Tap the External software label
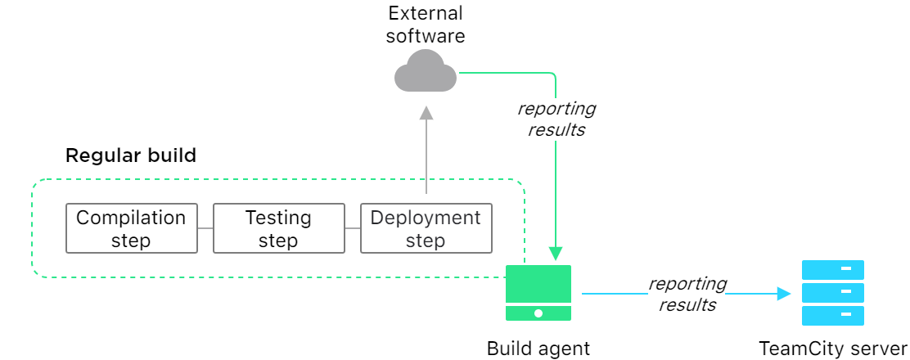pyautogui.click(x=425, y=25)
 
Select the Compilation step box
pyautogui.click(x=131, y=229)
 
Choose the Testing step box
pyautogui.click(x=278, y=229)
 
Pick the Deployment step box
pyautogui.click(x=426, y=229)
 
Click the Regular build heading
pyautogui.click(x=131, y=155)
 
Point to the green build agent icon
pyautogui.click(x=538, y=292)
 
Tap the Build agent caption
pyautogui.click(x=538, y=349)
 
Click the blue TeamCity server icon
pyautogui.click(x=832, y=293)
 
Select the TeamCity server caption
pyautogui.click(x=832, y=349)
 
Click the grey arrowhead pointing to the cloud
pyautogui.click(x=426, y=114)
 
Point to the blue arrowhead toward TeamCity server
pyautogui.click(x=783, y=293)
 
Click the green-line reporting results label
pyautogui.click(x=556, y=119)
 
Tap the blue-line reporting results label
pyautogui.click(x=687, y=294)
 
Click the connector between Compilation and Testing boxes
pyautogui.click(x=205, y=229)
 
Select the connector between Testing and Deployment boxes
pyautogui.click(x=352, y=229)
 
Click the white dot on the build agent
pyautogui.click(x=538, y=313)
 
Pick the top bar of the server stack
pyautogui.click(x=832, y=269)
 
